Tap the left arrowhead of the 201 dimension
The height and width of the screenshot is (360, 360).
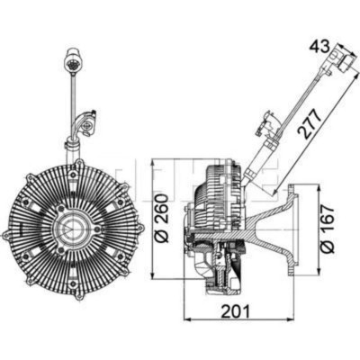[185, 318]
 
